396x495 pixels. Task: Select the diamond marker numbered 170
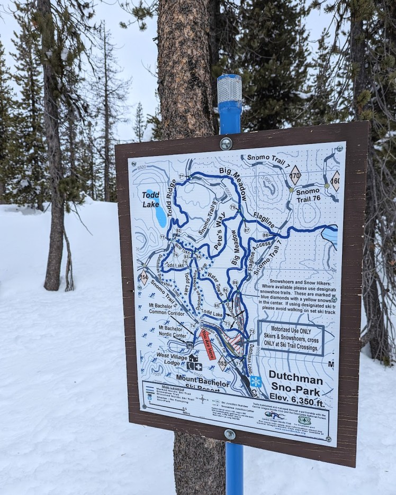(295, 175)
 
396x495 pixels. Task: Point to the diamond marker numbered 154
(144, 278)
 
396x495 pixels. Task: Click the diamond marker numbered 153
(222, 363)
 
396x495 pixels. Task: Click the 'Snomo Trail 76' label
(308, 195)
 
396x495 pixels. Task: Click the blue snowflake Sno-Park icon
(256, 381)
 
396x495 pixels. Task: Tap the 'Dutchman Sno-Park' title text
(294, 379)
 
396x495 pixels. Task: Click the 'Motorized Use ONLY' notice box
(291, 338)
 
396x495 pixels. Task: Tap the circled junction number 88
(265, 235)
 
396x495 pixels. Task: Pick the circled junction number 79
(233, 207)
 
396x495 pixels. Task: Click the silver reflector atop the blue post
(229, 89)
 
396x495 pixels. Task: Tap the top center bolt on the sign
(226, 143)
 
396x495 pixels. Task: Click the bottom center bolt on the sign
(229, 434)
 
